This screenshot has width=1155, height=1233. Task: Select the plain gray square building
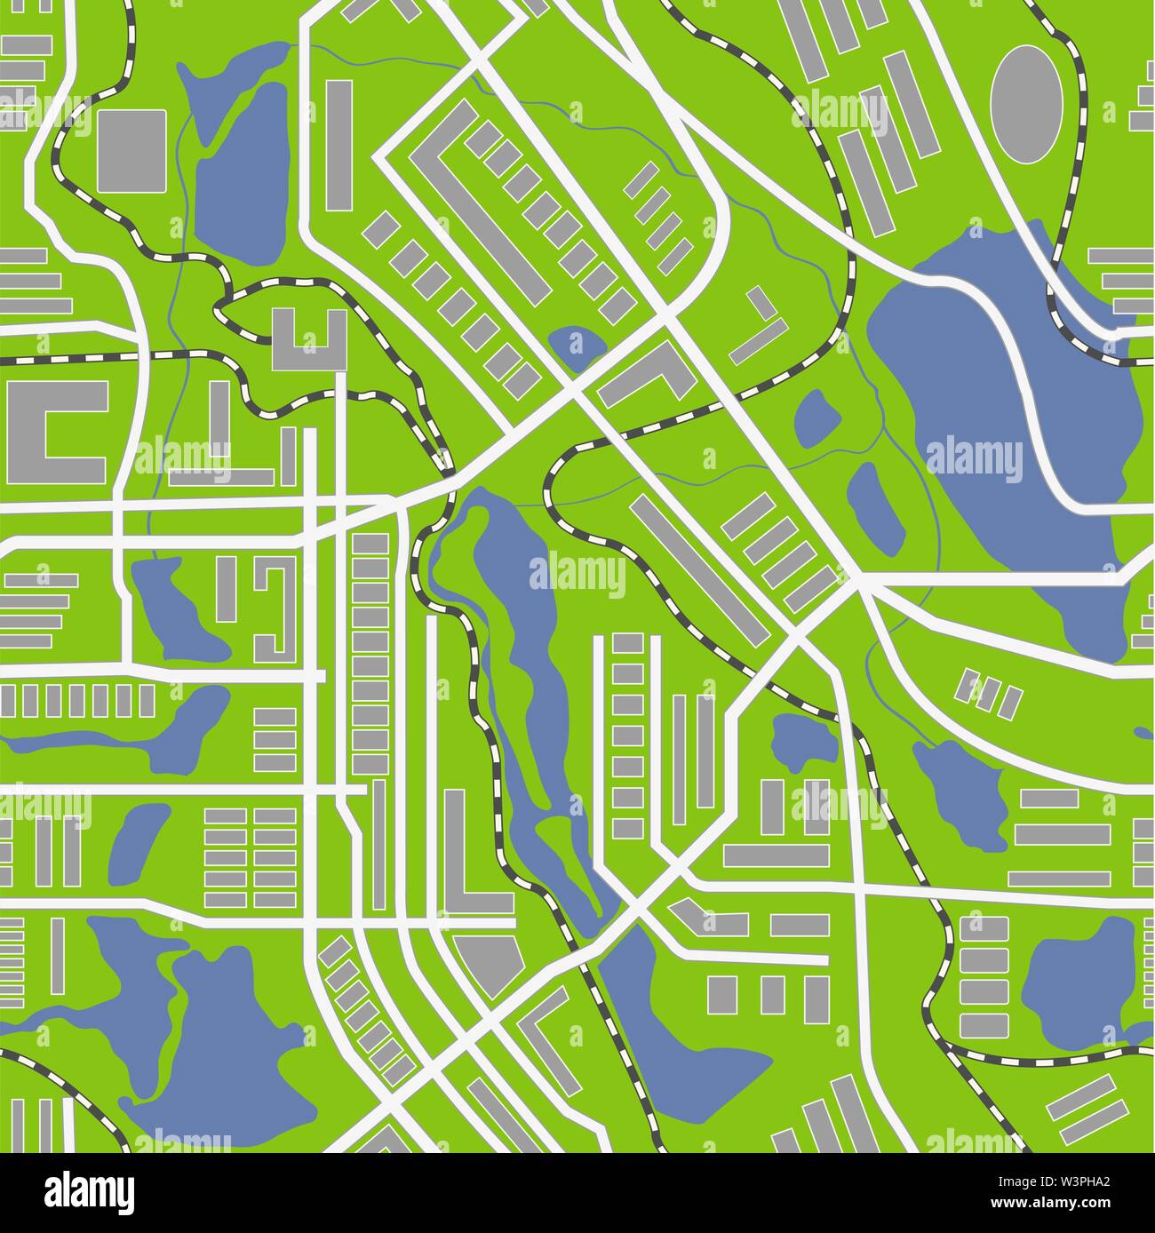tap(131, 150)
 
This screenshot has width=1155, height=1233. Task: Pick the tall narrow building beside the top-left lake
tap(339, 144)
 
